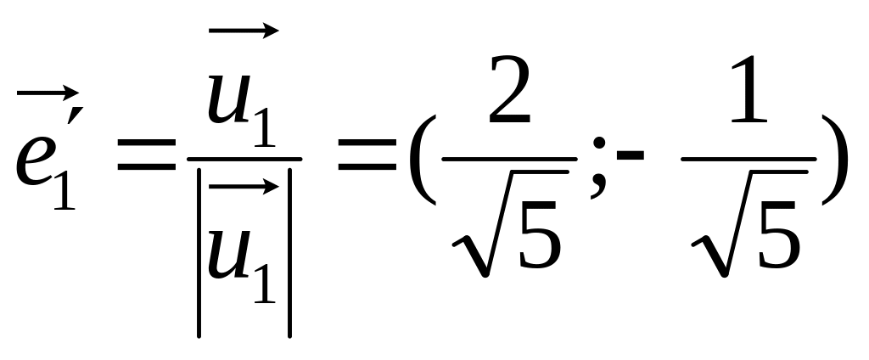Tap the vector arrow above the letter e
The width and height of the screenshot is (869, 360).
pos(48,93)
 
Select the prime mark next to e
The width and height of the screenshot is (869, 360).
pos(76,115)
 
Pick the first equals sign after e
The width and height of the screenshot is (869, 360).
pos(146,155)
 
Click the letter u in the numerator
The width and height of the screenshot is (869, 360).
pos(229,99)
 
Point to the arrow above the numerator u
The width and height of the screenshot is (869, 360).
pos(244,31)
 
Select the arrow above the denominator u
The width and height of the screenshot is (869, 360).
pos(244,187)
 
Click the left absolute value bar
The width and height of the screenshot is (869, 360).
pos(199,252)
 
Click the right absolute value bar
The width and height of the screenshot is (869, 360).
pos(290,252)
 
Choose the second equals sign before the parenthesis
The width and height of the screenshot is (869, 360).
pos(367,155)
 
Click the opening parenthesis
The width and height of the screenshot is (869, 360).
pos(423,160)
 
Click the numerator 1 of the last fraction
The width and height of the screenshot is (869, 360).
pos(748,88)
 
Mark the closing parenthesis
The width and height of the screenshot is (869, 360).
pos(835,160)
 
